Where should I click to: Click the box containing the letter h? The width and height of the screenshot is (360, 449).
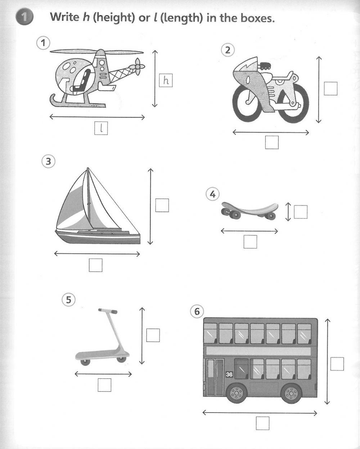[166, 80]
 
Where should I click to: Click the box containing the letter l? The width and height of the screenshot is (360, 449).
[101, 128]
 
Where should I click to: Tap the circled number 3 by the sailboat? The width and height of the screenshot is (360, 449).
[48, 161]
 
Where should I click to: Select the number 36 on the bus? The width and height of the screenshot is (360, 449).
[229, 374]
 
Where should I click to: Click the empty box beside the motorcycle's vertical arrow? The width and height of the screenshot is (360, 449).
[330, 88]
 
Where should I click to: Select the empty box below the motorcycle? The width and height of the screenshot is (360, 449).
[272, 142]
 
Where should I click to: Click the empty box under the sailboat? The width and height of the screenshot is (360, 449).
[96, 265]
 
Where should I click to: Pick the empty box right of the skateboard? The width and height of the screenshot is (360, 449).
[301, 212]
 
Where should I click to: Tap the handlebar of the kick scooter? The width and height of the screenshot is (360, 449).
[108, 310]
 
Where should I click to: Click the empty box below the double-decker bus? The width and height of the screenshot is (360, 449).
[262, 423]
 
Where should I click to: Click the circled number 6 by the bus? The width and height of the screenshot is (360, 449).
[197, 311]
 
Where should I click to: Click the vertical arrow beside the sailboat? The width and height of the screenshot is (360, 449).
[150, 206]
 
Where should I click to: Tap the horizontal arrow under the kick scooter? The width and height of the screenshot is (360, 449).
[103, 374]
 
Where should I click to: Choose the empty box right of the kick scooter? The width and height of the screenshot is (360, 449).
[153, 335]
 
